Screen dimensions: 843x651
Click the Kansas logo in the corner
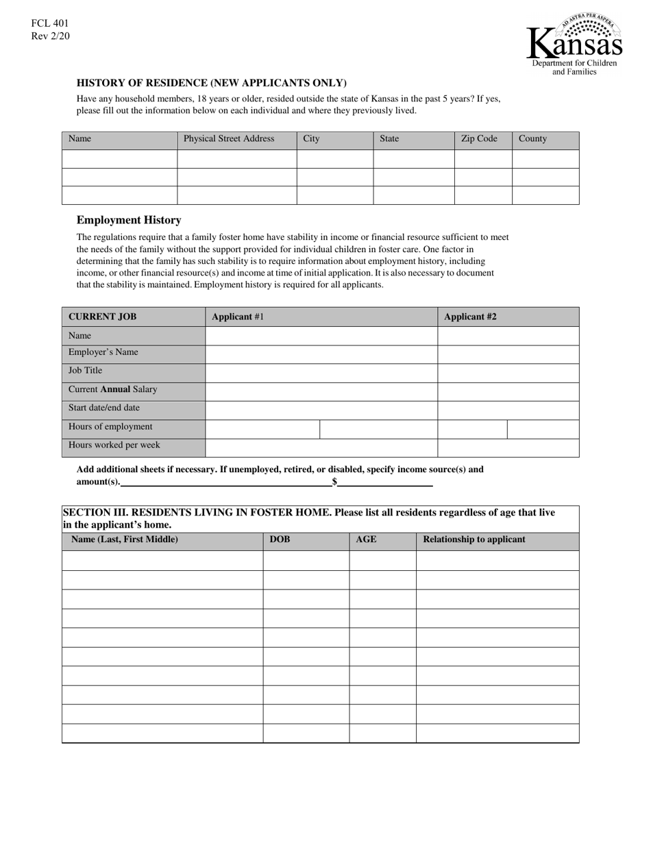pos(574,45)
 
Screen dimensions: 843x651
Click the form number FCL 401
pos(49,23)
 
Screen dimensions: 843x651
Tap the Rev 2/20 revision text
pos(50,36)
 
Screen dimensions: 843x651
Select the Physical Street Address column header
pos(229,139)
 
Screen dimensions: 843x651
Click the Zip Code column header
pos(479,139)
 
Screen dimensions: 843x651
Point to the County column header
pos(532,139)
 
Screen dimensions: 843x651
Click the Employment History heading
pos(129,220)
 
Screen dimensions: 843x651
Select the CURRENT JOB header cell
pos(102,317)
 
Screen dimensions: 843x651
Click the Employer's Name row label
pos(103,352)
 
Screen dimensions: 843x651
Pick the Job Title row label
pos(85,371)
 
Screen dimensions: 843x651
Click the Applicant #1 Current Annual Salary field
pos(321,391)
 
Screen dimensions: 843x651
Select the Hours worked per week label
pos(114,445)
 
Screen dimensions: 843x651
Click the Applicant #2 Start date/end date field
pos(508,410)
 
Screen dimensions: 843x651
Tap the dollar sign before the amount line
pos(334,482)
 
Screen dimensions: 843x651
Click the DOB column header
pos(280,539)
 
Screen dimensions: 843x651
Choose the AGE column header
pos(366,539)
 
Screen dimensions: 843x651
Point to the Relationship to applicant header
pos(474,539)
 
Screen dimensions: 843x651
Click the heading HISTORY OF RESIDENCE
pos(212,83)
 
